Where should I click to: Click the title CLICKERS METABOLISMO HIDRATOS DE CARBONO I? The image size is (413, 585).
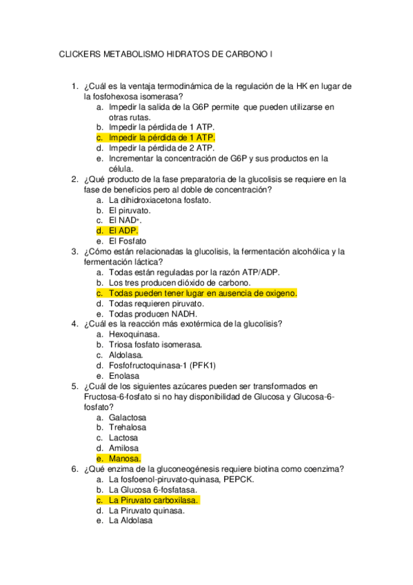[166, 53]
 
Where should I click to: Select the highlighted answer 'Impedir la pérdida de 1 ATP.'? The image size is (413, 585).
[161, 137]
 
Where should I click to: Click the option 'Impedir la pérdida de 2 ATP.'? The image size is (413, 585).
[161, 148]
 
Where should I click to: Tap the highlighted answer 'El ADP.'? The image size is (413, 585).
[123, 230]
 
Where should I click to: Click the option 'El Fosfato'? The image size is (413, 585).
[128, 241]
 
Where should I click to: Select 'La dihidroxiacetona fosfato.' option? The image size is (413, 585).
[159, 200]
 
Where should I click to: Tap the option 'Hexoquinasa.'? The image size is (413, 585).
[134, 334]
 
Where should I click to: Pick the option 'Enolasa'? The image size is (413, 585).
[124, 376]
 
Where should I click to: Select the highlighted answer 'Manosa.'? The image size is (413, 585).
[125, 459]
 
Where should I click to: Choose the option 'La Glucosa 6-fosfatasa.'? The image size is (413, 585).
[155, 490]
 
